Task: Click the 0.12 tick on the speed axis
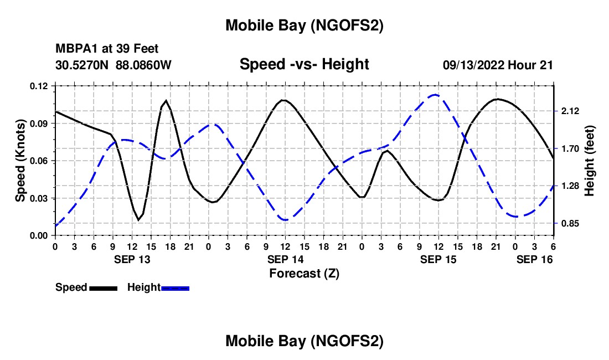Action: click(42, 86)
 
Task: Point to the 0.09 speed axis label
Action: click(42, 124)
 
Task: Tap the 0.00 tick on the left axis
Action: click(42, 236)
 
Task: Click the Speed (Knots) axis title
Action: click(20, 161)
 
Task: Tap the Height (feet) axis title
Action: click(589, 161)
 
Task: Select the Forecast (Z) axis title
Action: click(304, 273)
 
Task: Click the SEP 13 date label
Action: click(132, 259)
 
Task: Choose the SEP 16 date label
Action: click(534, 259)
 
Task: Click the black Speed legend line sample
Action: click(102, 287)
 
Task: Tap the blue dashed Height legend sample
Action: click(175, 287)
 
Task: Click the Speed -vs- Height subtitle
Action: click(304, 64)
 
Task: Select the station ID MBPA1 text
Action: click(74, 49)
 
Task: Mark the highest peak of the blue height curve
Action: click(435, 95)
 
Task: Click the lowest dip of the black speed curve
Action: click(139, 220)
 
